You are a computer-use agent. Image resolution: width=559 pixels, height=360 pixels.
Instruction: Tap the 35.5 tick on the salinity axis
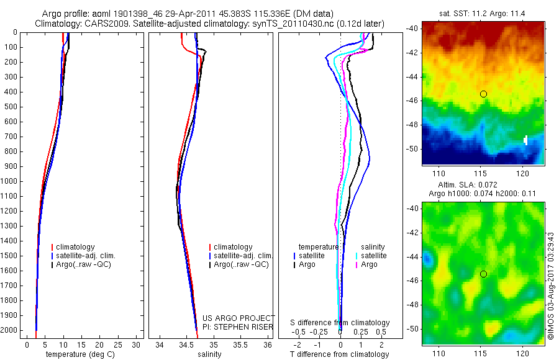pos(240,344)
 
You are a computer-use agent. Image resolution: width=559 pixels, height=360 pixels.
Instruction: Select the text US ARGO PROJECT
pos(239,318)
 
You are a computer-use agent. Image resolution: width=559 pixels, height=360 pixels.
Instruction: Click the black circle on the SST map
pos(483,94)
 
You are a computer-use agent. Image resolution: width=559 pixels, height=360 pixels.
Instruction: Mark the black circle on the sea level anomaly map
pos(483,274)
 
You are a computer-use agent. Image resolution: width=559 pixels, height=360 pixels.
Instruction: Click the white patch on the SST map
pos(525,140)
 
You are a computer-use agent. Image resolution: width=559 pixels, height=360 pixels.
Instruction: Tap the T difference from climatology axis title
pos(339,354)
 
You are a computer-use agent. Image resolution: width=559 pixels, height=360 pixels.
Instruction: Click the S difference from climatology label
pos(340,323)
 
